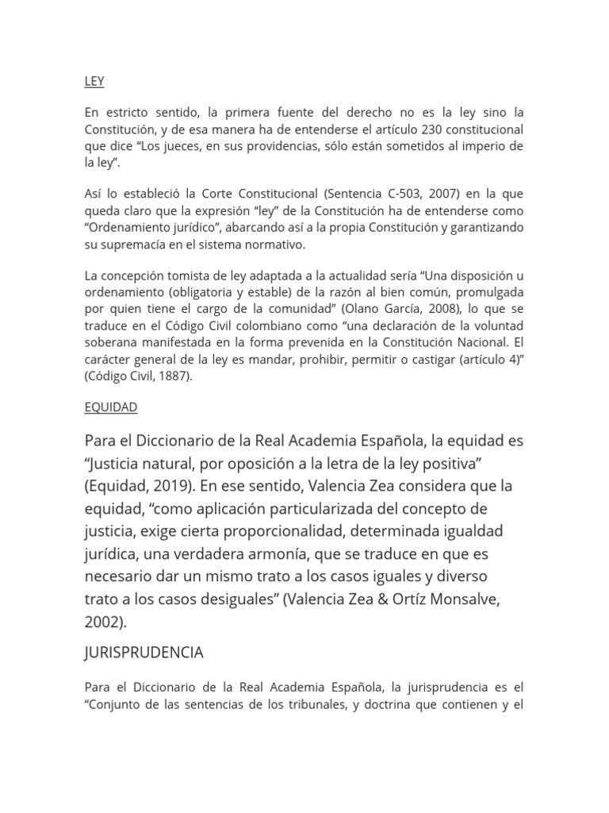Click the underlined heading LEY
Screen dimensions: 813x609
tap(94, 82)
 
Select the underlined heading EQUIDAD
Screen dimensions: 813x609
tap(111, 407)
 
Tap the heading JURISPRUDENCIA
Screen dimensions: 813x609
tap(144, 653)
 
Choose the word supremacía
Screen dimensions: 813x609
tap(130, 244)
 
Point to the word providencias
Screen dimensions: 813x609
tap(275, 145)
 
